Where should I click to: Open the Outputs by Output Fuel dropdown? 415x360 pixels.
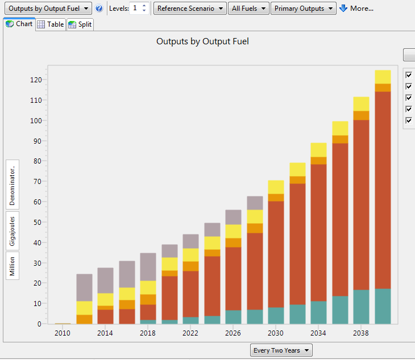click(x=47, y=9)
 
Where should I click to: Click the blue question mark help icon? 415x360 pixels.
click(x=99, y=9)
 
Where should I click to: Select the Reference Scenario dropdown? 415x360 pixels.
click(x=190, y=9)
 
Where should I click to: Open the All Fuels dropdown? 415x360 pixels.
click(x=250, y=9)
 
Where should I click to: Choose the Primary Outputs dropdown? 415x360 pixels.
click(x=303, y=9)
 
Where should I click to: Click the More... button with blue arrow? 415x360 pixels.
click(x=356, y=9)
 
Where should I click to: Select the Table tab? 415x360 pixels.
click(x=51, y=24)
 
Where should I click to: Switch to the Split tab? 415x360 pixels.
click(x=80, y=24)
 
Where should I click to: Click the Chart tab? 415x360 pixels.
click(x=19, y=24)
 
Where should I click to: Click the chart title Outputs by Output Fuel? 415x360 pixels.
click(x=202, y=41)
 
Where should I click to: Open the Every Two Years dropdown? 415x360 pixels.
click(x=281, y=350)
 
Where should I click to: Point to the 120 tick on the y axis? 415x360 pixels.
click(x=36, y=80)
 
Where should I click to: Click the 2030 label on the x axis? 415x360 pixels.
click(x=276, y=333)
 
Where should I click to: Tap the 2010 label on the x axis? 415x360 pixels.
click(x=63, y=333)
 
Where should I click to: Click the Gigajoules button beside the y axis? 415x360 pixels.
click(x=13, y=231)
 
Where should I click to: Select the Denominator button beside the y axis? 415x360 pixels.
click(x=13, y=185)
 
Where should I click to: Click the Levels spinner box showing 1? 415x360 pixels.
click(x=139, y=9)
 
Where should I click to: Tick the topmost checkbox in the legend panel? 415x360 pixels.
click(x=409, y=75)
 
